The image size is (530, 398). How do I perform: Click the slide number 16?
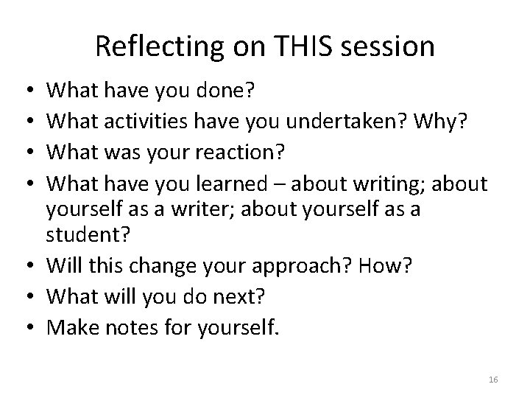tap(493, 379)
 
